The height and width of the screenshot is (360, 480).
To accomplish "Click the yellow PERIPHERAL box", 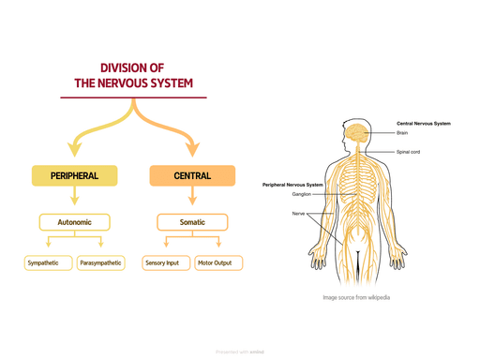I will click(x=74, y=175).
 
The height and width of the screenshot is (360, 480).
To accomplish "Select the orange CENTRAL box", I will click(x=192, y=175).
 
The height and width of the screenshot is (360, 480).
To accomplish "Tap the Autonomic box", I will click(x=74, y=222).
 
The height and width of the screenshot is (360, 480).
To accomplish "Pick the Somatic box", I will click(x=192, y=222).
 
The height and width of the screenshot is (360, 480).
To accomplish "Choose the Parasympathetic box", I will click(x=100, y=263).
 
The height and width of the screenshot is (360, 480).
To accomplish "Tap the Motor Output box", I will click(x=218, y=263).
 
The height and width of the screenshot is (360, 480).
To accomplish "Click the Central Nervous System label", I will click(x=423, y=123).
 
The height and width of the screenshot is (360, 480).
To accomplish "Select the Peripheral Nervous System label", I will click(x=292, y=185).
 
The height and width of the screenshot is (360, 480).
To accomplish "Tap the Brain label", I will click(x=402, y=133).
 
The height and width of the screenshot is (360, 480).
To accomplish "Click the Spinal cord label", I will click(x=408, y=151).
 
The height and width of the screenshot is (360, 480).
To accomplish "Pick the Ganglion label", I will click(x=301, y=194).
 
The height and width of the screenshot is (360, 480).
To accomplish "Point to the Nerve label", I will click(x=298, y=213).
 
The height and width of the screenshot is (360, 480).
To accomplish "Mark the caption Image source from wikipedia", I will click(x=356, y=297).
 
